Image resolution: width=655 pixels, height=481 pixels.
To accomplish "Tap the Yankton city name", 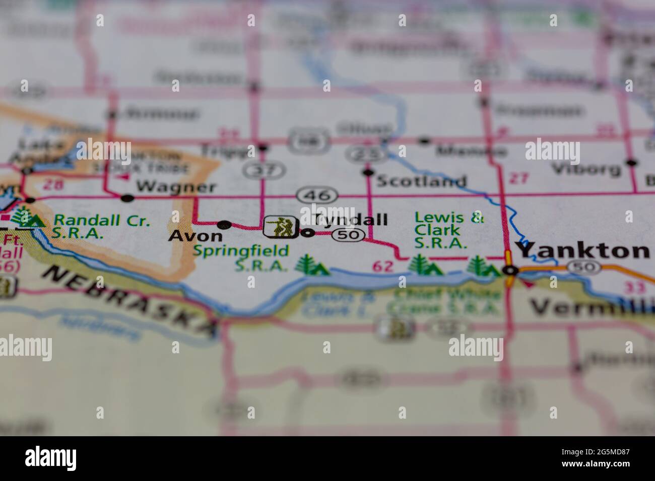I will [x=583, y=250].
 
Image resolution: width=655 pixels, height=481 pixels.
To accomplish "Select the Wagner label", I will [x=176, y=187].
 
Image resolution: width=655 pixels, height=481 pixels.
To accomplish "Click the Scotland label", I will [x=421, y=181].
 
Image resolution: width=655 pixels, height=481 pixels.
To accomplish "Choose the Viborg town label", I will [x=586, y=169].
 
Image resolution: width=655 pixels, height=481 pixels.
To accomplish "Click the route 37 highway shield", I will [x=264, y=171].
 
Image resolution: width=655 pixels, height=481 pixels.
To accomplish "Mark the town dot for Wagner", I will [x=128, y=198].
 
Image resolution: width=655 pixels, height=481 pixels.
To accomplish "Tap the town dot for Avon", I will [x=224, y=224].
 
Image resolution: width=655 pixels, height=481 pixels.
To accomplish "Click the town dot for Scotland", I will [x=368, y=173].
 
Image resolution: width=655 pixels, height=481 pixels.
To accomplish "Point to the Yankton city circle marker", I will [x=510, y=270].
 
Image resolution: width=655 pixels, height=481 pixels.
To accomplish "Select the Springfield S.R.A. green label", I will [x=241, y=257].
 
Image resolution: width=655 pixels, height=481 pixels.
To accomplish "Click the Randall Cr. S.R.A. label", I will [x=102, y=226].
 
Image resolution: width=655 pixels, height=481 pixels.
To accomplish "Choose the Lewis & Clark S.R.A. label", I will [x=448, y=230].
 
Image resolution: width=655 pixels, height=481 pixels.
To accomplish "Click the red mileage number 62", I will [x=383, y=267].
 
